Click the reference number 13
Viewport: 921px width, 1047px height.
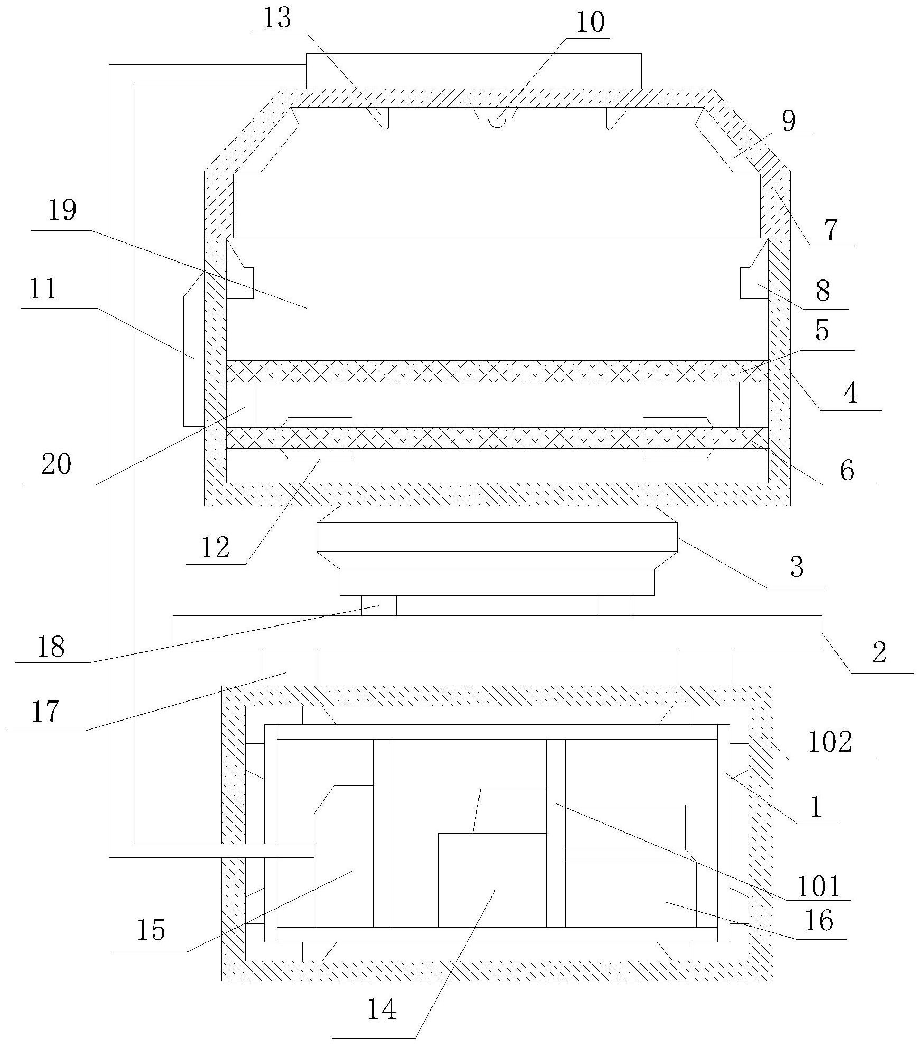(277, 19)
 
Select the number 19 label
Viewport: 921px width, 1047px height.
(62, 211)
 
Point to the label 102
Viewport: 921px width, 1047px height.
(830, 742)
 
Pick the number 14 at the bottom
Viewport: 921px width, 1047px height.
(381, 1009)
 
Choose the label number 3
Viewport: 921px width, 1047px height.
(796, 567)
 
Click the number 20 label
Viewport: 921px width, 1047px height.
(56, 464)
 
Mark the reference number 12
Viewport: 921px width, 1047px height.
(215, 547)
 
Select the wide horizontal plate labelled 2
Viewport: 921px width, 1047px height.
(497, 632)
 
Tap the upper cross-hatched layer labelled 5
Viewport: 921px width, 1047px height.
(497, 371)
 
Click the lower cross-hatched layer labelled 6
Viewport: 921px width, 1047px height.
(497, 438)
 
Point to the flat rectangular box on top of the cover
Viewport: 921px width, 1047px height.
(474, 71)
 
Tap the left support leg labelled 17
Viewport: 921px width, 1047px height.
(289, 667)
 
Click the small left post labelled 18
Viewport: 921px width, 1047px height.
(379, 605)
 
